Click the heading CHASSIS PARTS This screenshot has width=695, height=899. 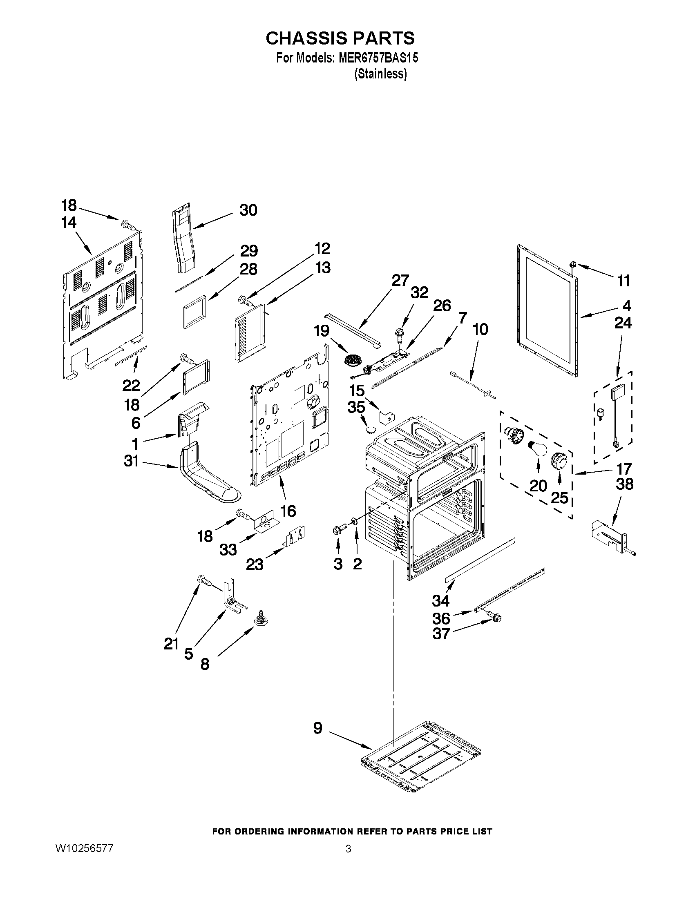[x=340, y=38]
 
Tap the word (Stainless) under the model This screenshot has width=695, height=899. [x=380, y=74]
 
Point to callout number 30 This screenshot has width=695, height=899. [x=248, y=210]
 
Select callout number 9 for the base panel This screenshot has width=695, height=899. [x=317, y=728]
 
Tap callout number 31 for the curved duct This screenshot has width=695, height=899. [x=131, y=461]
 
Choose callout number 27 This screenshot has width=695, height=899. [x=399, y=281]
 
